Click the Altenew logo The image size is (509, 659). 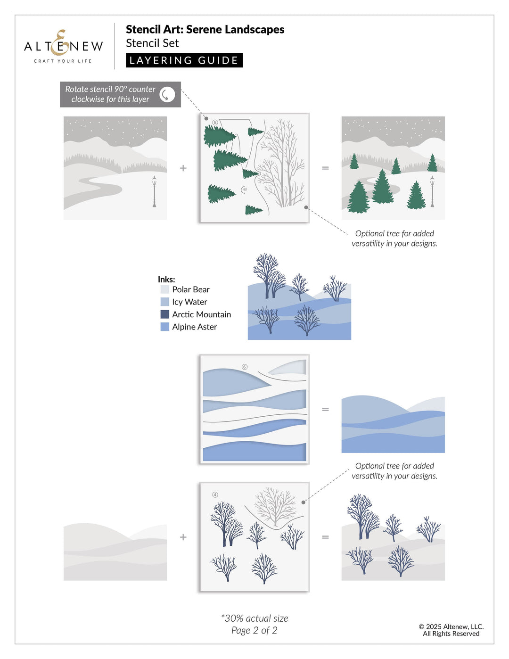tap(63, 46)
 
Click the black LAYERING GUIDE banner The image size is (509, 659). tap(184, 60)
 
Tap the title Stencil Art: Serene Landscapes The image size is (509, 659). tap(205, 29)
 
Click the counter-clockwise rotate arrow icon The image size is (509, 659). tap(167, 94)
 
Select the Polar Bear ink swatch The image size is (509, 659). tap(164, 289)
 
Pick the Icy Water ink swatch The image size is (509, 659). tap(164, 302)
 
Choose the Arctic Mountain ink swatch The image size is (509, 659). tap(164, 314)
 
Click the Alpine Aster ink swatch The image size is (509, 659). tap(164, 327)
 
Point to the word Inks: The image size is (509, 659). tap(166, 279)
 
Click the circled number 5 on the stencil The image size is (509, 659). tap(215, 123)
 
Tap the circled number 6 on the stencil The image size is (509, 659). tap(244, 367)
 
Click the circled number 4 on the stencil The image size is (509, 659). tap(215, 495)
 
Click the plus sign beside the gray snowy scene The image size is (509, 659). tap(183, 168)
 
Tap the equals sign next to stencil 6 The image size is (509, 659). tap(325, 409)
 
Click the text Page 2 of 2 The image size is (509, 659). tap(254, 631)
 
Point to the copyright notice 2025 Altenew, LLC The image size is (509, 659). tap(451, 626)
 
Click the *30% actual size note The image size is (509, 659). tap(254, 618)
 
